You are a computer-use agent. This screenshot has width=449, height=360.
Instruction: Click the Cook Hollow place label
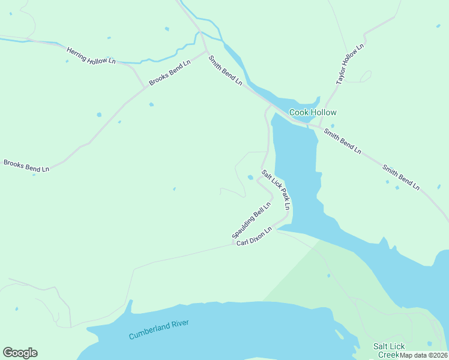(x=313, y=112)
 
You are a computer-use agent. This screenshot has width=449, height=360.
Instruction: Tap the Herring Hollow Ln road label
(x=91, y=56)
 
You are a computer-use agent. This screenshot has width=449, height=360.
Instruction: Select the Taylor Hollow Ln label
(x=351, y=64)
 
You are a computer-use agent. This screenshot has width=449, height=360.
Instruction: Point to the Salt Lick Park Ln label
(x=276, y=190)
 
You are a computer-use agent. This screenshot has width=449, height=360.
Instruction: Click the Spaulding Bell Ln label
(x=252, y=220)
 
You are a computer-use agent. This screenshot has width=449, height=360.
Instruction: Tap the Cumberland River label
(x=159, y=329)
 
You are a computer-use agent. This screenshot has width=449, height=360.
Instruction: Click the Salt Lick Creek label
(x=389, y=350)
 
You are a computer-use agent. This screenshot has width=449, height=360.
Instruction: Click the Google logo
(x=20, y=353)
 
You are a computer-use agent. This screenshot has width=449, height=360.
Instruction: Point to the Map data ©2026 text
(x=424, y=355)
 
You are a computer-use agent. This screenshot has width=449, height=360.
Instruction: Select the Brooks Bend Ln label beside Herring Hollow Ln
(x=170, y=72)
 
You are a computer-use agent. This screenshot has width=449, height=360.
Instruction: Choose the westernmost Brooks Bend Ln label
(x=26, y=166)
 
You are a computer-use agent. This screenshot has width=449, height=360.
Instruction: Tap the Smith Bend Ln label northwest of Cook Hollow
(x=225, y=70)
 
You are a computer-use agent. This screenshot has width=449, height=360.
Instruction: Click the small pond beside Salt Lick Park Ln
(x=250, y=177)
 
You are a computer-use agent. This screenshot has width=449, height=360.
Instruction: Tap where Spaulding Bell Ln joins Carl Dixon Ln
(x=234, y=244)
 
